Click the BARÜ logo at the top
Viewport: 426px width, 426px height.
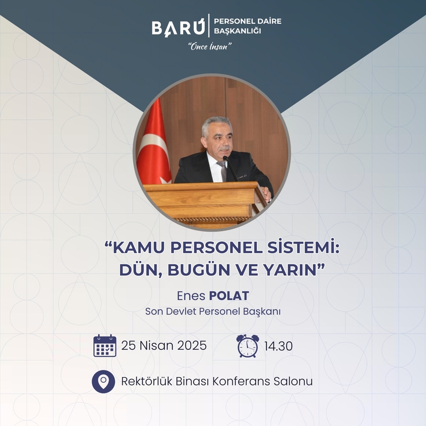[178, 27]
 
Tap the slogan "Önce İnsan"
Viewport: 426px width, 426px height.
[210, 47]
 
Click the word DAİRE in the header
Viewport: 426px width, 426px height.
[270, 21]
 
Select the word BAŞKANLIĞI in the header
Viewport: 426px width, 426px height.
[237, 31]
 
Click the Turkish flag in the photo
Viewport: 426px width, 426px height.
[154, 144]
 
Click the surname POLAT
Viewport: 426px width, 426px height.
[229, 296]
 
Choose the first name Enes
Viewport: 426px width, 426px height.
[191, 296]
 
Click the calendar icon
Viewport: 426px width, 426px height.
[105, 346]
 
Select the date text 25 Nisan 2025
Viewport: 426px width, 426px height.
[164, 346]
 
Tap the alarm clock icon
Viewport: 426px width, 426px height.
[247, 346]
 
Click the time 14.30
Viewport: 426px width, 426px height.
[278, 346]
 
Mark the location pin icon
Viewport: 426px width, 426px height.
[103, 382]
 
